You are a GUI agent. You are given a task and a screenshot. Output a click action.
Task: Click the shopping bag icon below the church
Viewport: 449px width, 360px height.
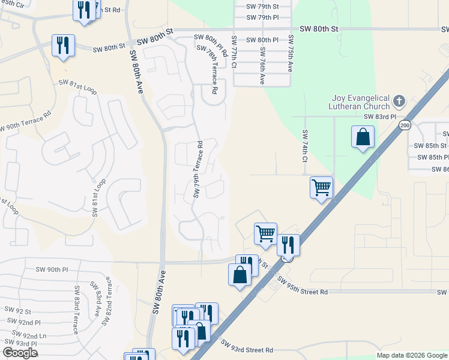coord(363,137)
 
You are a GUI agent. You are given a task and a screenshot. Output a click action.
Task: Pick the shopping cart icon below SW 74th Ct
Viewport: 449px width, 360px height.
coord(321,187)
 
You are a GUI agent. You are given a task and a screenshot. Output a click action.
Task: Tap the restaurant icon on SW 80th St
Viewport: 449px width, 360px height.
coord(63,45)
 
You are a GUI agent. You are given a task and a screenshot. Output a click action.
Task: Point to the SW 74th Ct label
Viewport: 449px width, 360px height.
coord(305,146)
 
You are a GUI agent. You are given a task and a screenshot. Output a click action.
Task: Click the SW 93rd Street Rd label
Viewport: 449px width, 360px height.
coord(247,347)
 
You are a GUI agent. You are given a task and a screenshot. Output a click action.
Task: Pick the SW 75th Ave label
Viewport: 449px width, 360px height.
coord(291,55)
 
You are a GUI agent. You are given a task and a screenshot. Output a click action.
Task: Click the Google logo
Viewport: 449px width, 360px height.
coord(20,352)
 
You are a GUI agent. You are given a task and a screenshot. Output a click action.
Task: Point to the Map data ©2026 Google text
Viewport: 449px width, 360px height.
coord(411,355)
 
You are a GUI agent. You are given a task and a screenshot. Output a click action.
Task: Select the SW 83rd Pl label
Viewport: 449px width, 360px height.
coord(380,117)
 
